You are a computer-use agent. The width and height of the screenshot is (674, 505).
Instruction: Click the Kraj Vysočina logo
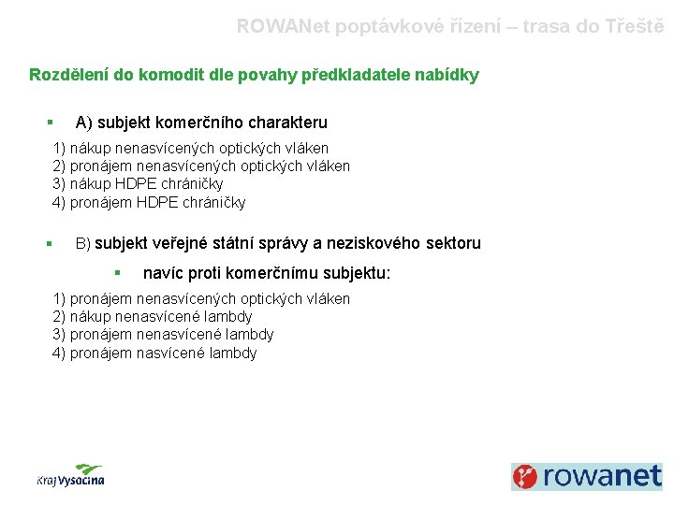pyautogui.click(x=71, y=475)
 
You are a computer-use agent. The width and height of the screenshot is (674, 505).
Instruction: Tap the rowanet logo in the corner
pyautogui.click(x=587, y=476)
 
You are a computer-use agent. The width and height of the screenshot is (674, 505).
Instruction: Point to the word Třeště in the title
pyautogui.click(x=635, y=27)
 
